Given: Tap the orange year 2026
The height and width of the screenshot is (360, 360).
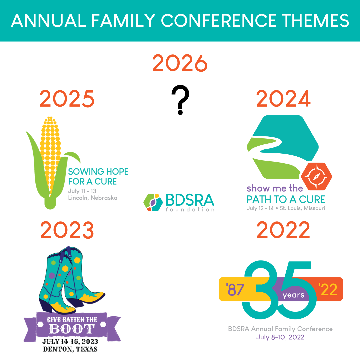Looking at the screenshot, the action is [180, 63].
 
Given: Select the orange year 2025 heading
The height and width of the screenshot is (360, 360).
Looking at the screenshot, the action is [67, 99].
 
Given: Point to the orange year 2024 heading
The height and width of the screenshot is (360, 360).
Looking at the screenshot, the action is [283, 99].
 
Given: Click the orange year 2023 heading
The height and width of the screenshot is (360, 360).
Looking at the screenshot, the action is [67, 230].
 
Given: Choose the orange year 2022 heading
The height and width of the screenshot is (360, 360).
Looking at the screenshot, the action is [283, 230].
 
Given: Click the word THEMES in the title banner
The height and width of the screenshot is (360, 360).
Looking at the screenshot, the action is [315, 20].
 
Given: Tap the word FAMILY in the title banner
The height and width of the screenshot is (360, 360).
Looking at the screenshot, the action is [124, 20].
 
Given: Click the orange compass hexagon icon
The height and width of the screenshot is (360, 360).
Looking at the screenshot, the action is [317, 176].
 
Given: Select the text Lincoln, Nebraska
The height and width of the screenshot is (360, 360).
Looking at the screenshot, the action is [93, 198].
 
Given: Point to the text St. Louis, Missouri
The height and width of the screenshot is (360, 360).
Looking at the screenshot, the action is [302, 208].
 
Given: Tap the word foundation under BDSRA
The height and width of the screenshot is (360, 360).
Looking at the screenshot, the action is [190, 209].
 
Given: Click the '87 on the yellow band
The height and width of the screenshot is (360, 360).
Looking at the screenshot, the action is [235, 290].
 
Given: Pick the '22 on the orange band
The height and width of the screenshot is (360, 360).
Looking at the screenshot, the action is [328, 290].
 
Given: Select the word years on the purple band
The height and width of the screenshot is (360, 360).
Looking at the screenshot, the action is [293, 295].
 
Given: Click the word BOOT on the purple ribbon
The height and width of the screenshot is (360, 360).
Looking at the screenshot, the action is [72, 329].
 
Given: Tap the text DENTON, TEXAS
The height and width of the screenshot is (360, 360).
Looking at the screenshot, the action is [70, 349].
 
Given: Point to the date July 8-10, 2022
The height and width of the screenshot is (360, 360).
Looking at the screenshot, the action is [280, 337].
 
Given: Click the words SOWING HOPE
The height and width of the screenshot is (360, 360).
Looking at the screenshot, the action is [98, 172].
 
